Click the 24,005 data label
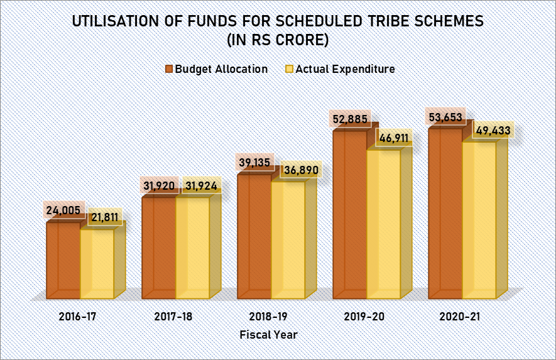coord(63,210)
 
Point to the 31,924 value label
coord(201,186)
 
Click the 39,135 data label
coord(254,161)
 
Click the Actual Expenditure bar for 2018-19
coord(288,239)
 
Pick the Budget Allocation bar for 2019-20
coord(349,214)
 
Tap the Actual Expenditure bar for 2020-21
coord(479,220)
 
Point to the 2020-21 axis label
coord(460,317)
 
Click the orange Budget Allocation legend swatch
coord(169,69)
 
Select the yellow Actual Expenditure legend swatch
coord(290,69)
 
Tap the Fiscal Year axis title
coord(268,335)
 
